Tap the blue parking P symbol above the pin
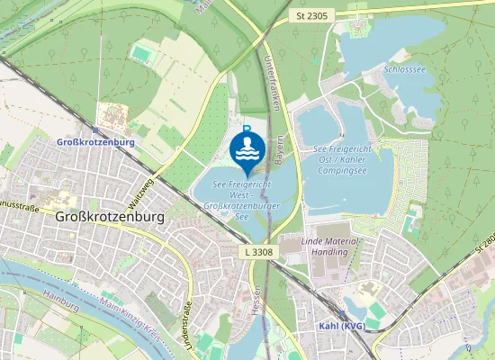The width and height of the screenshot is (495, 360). (247, 130)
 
